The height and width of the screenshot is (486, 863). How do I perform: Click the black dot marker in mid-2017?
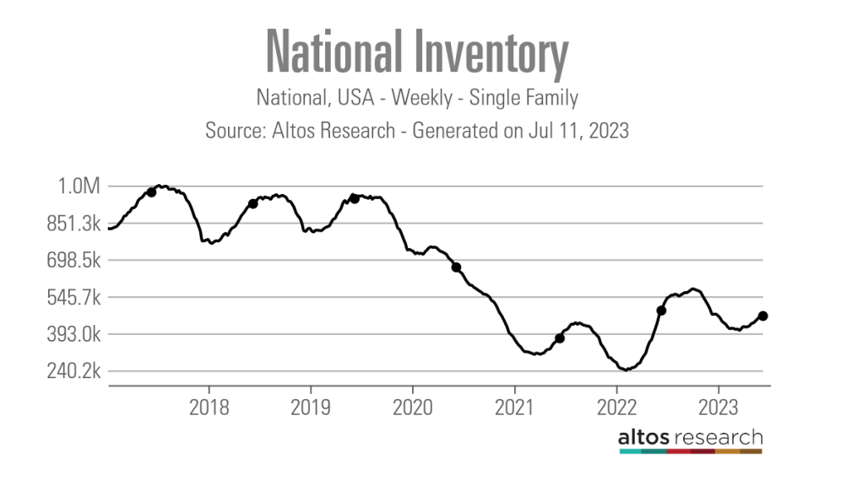(x=151, y=192)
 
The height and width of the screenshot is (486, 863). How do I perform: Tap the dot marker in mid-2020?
(x=456, y=267)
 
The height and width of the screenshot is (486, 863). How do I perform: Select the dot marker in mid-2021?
(x=559, y=338)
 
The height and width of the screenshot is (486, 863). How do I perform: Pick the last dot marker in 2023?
(x=763, y=316)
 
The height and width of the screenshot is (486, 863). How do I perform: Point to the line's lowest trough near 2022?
(x=626, y=370)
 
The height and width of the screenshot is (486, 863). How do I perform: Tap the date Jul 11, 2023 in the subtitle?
(x=580, y=132)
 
